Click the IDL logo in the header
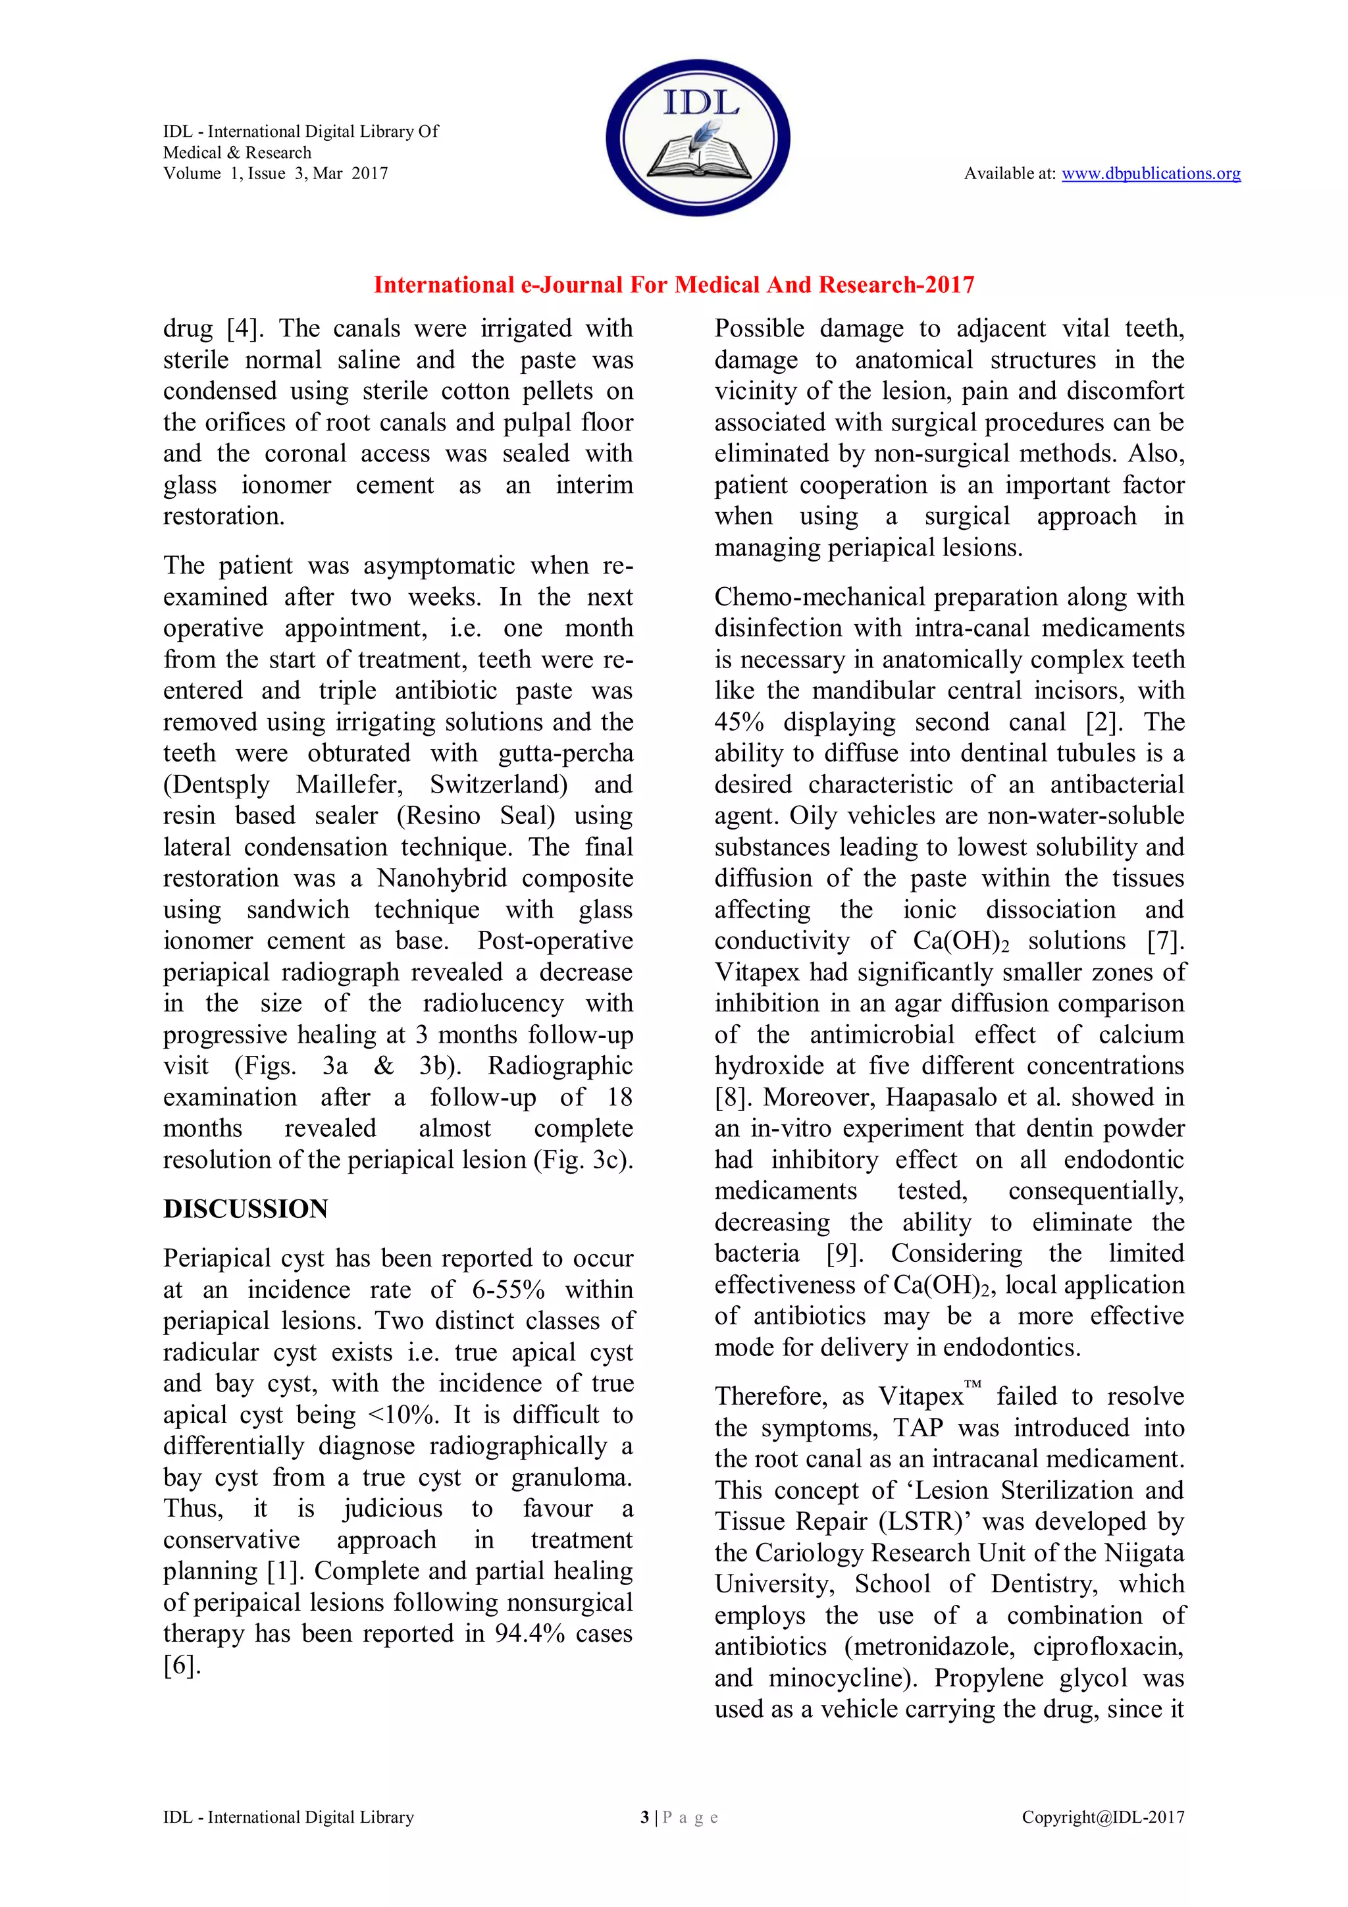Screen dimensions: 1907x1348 (x=698, y=138)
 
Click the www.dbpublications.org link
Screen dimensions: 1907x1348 (x=1151, y=174)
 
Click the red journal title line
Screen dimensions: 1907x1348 (x=673, y=285)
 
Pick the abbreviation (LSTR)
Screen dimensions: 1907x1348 (x=926, y=1522)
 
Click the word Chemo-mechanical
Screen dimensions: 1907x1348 (x=819, y=597)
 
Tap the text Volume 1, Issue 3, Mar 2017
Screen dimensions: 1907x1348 (x=275, y=174)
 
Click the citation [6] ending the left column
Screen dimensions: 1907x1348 (x=182, y=1665)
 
